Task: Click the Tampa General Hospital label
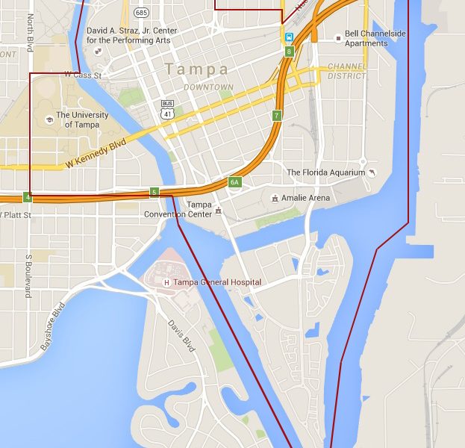tap(216, 282)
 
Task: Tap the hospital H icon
tap(166, 282)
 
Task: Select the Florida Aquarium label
tap(326, 172)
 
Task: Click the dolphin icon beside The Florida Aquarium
tap(372, 172)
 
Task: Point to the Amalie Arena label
tap(305, 198)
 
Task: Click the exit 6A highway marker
tap(234, 182)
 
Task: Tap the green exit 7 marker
tap(276, 116)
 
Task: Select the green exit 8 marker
tap(288, 51)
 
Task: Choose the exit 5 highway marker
tap(154, 192)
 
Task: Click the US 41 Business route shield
tap(167, 108)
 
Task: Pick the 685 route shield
tap(140, 13)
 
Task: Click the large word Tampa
tap(197, 69)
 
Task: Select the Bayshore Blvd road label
tap(53, 323)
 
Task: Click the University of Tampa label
tap(82, 119)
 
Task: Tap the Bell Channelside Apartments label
tap(366, 39)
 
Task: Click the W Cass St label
tap(81, 75)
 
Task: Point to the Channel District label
tap(346, 71)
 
